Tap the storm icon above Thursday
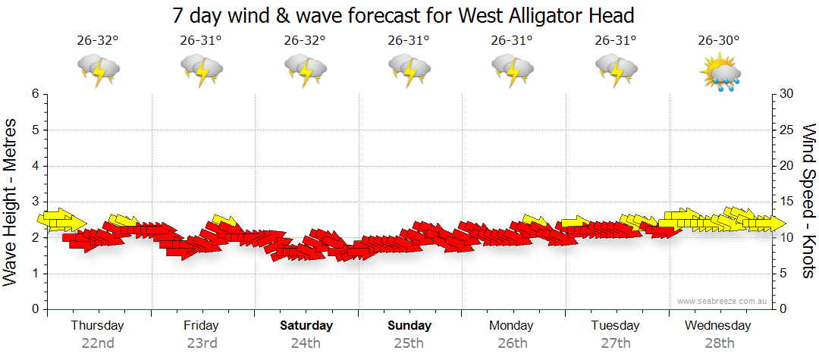(x=99, y=70)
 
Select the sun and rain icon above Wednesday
(x=720, y=70)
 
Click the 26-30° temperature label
(x=719, y=41)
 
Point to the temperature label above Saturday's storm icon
(x=305, y=41)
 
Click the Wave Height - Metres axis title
(x=11, y=201)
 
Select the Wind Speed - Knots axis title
(x=808, y=201)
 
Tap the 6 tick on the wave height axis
(x=34, y=94)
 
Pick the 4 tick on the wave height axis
(x=34, y=166)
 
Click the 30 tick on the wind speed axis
(x=788, y=94)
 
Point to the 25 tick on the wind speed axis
(x=788, y=130)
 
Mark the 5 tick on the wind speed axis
(x=785, y=274)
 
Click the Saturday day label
(x=306, y=326)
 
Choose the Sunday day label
(x=409, y=326)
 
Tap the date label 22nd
(x=98, y=343)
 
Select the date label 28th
(x=718, y=343)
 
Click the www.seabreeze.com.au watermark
(x=723, y=301)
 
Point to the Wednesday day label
(x=717, y=326)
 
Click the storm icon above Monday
(x=513, y=70)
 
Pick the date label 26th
(x=512, y=343)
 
